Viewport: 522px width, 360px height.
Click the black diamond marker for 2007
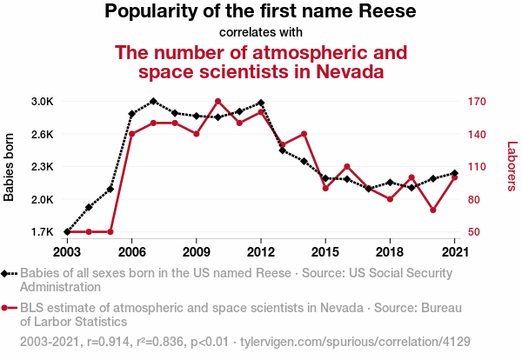(153, 102)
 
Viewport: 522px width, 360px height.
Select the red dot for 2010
(217, 102)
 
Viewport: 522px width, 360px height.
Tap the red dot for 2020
(432, 210)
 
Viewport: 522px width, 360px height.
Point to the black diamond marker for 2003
(67, 232)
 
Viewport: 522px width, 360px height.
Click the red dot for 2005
(110, 232)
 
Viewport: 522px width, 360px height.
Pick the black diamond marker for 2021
(454, 173)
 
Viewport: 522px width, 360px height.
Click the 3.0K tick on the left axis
(42, 102)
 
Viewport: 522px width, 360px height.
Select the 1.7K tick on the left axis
(42, 232)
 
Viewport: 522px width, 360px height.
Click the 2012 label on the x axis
(260, 251)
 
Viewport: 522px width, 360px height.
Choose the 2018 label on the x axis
(390, 251)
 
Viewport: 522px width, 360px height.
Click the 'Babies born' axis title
(10, 167)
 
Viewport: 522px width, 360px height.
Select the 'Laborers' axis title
(512, 167)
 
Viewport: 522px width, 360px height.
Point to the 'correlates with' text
(260, 32)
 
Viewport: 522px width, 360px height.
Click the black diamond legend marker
(6, 273)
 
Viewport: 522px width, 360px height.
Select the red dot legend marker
(6, 307)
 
